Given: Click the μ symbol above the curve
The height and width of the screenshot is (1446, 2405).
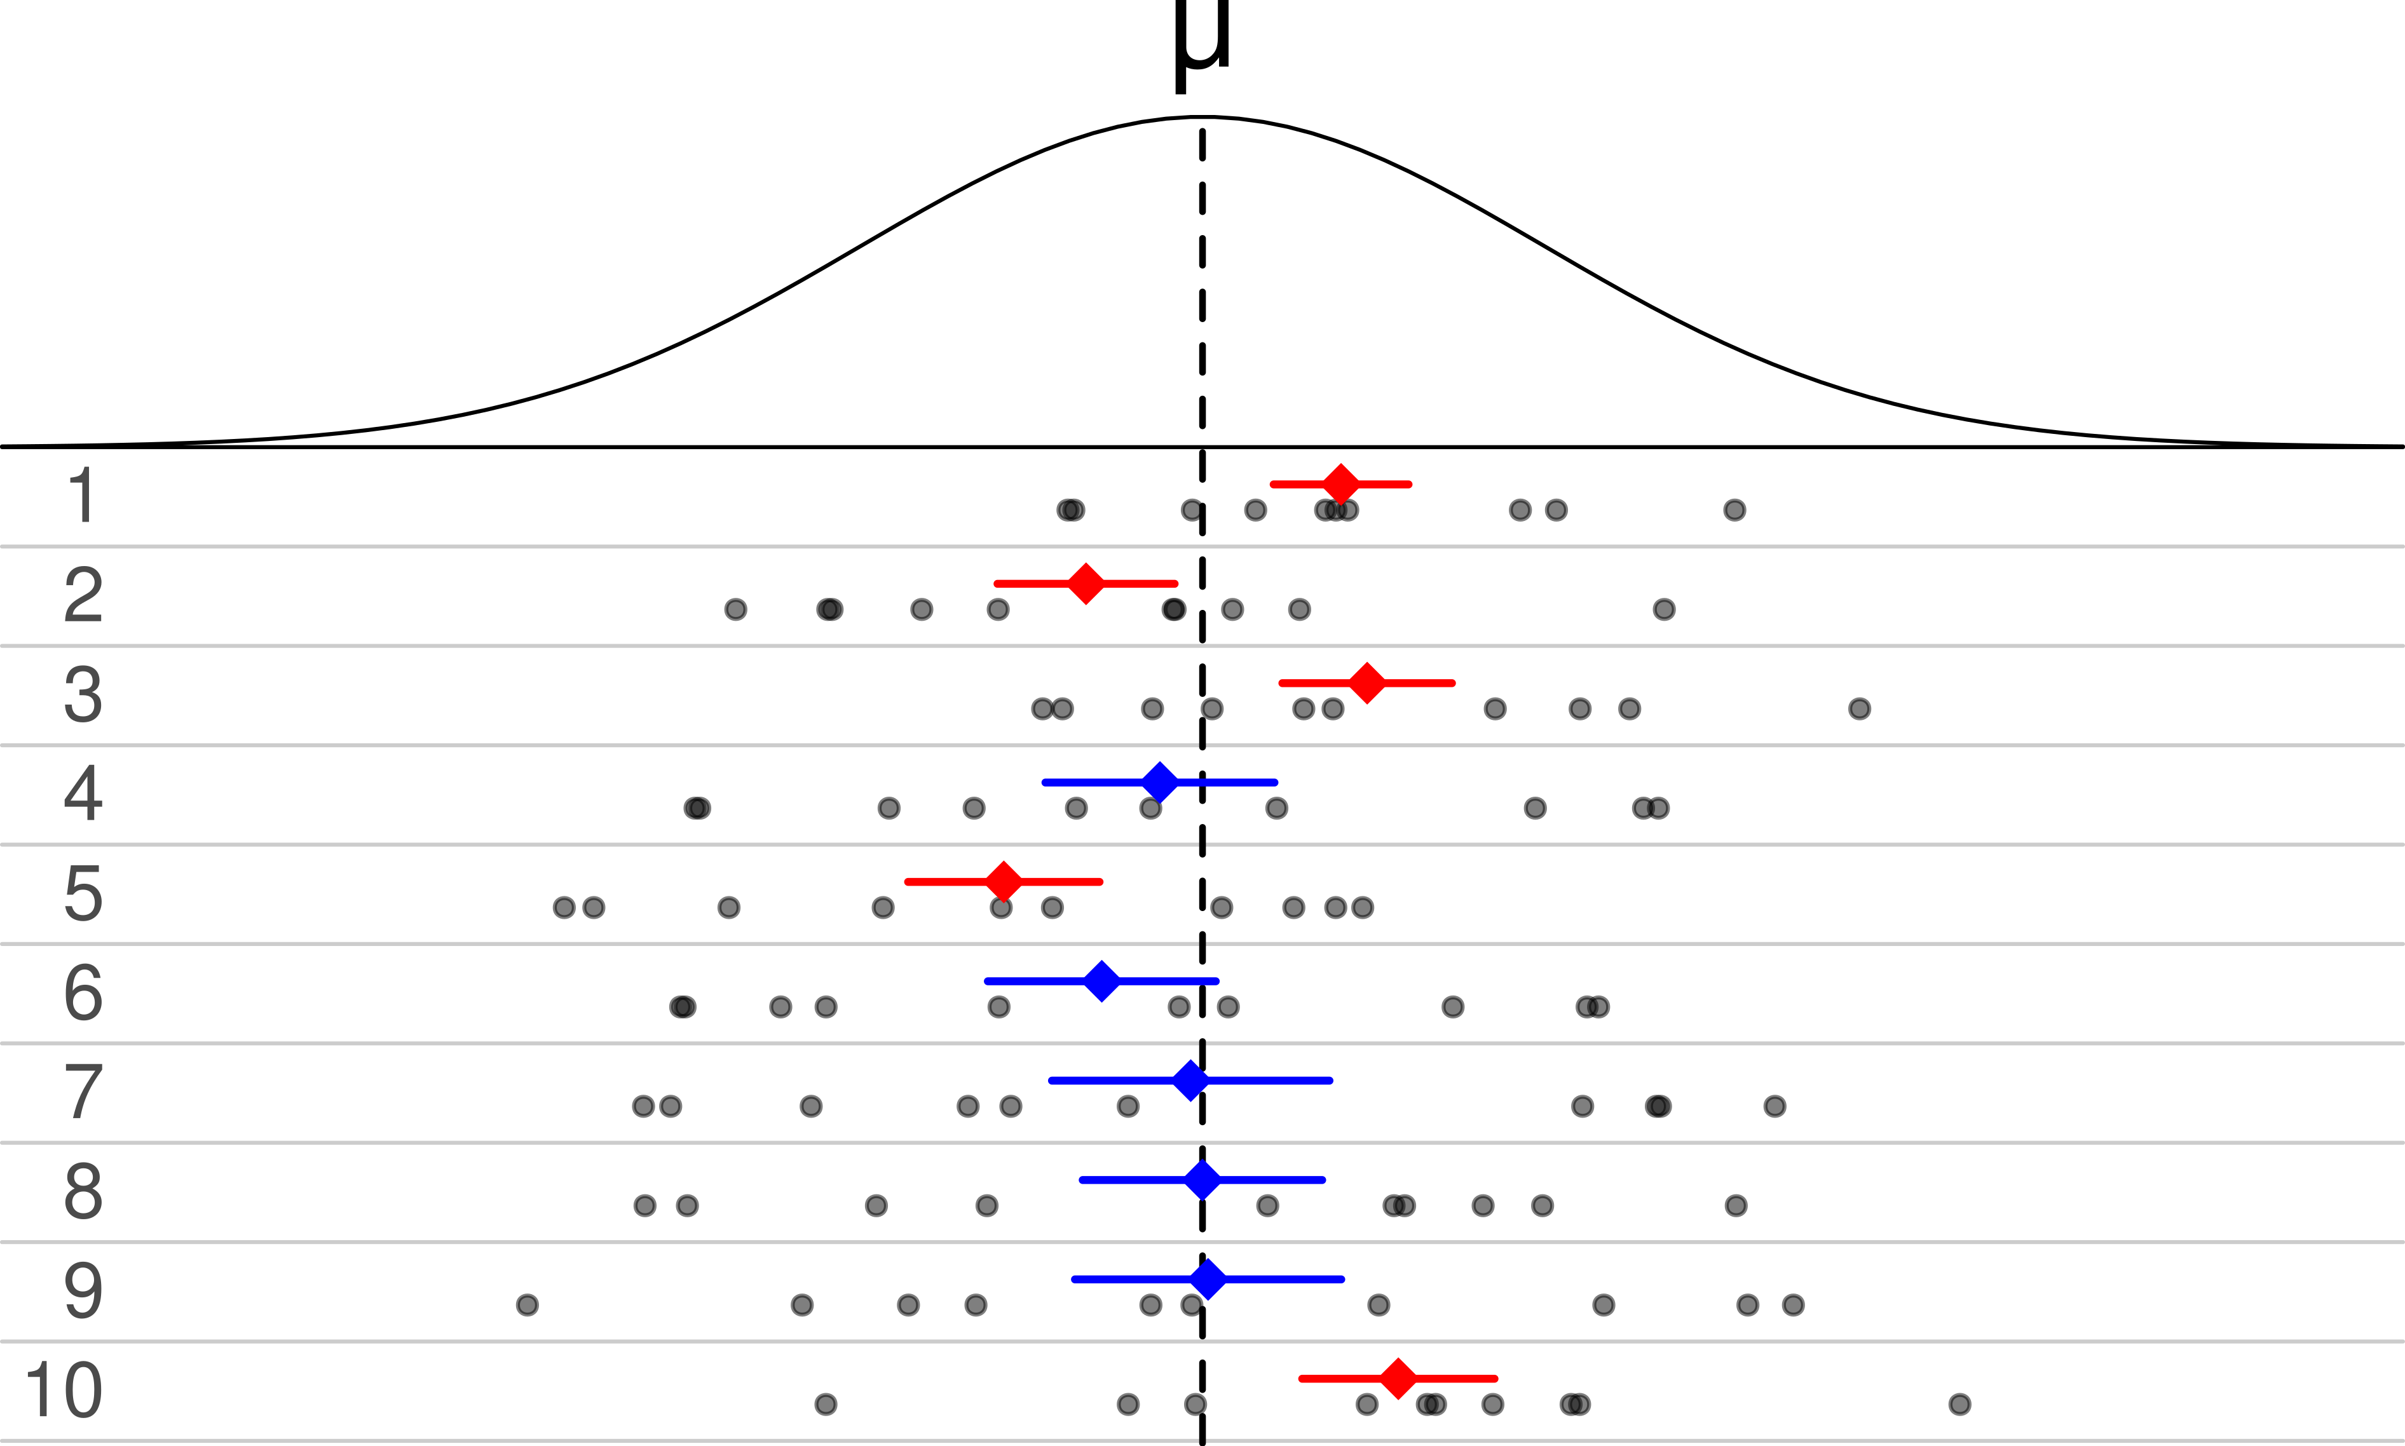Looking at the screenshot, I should coord(1202,39).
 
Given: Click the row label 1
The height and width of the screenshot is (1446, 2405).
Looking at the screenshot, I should coord(83,496).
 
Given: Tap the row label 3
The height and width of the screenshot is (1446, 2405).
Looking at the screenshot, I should coord(83,695).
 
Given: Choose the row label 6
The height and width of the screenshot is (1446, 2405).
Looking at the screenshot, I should coord(83,993).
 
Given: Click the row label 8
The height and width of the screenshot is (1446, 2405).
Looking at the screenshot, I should coord(83,1192).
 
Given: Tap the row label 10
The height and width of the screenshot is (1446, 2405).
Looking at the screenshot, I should coord(64,1391).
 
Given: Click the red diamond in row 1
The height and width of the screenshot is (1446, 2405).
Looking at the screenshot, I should coord(1341,484).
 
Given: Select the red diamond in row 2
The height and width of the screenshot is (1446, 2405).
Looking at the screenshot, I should coord(1086,584).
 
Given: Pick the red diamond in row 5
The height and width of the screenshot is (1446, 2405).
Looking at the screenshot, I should coord(1004,882).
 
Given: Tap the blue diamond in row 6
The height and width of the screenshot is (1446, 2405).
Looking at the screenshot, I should coord(1102,981).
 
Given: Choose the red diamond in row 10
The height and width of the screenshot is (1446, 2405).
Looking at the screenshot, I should coord(1398,1379).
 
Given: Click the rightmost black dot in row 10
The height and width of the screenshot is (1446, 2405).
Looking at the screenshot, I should coord(1959,1404).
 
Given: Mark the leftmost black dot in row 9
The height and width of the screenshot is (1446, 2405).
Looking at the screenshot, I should coord(527,1305).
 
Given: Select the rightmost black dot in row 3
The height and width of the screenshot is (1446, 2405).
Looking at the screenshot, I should coord(1859,708).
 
